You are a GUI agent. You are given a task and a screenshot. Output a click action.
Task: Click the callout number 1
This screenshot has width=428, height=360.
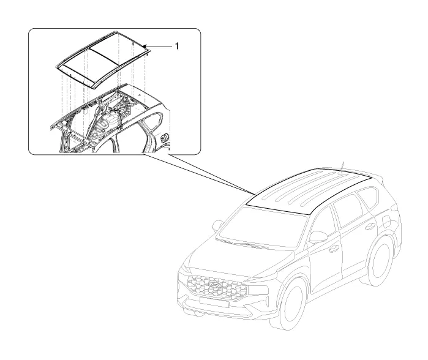pos(176,46)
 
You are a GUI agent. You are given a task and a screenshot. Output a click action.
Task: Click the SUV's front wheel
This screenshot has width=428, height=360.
pos(291,304)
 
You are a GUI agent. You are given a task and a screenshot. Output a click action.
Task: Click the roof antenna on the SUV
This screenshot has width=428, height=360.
pos(342,168)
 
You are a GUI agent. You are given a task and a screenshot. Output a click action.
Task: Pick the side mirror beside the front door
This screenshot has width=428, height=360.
pos(318,236)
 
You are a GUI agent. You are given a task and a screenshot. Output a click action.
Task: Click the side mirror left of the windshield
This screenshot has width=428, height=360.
pos(218,225)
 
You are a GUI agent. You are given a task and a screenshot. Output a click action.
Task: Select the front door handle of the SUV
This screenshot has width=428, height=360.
pos(334,249)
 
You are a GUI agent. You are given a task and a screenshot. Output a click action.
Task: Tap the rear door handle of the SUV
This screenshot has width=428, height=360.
pos(370,226)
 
